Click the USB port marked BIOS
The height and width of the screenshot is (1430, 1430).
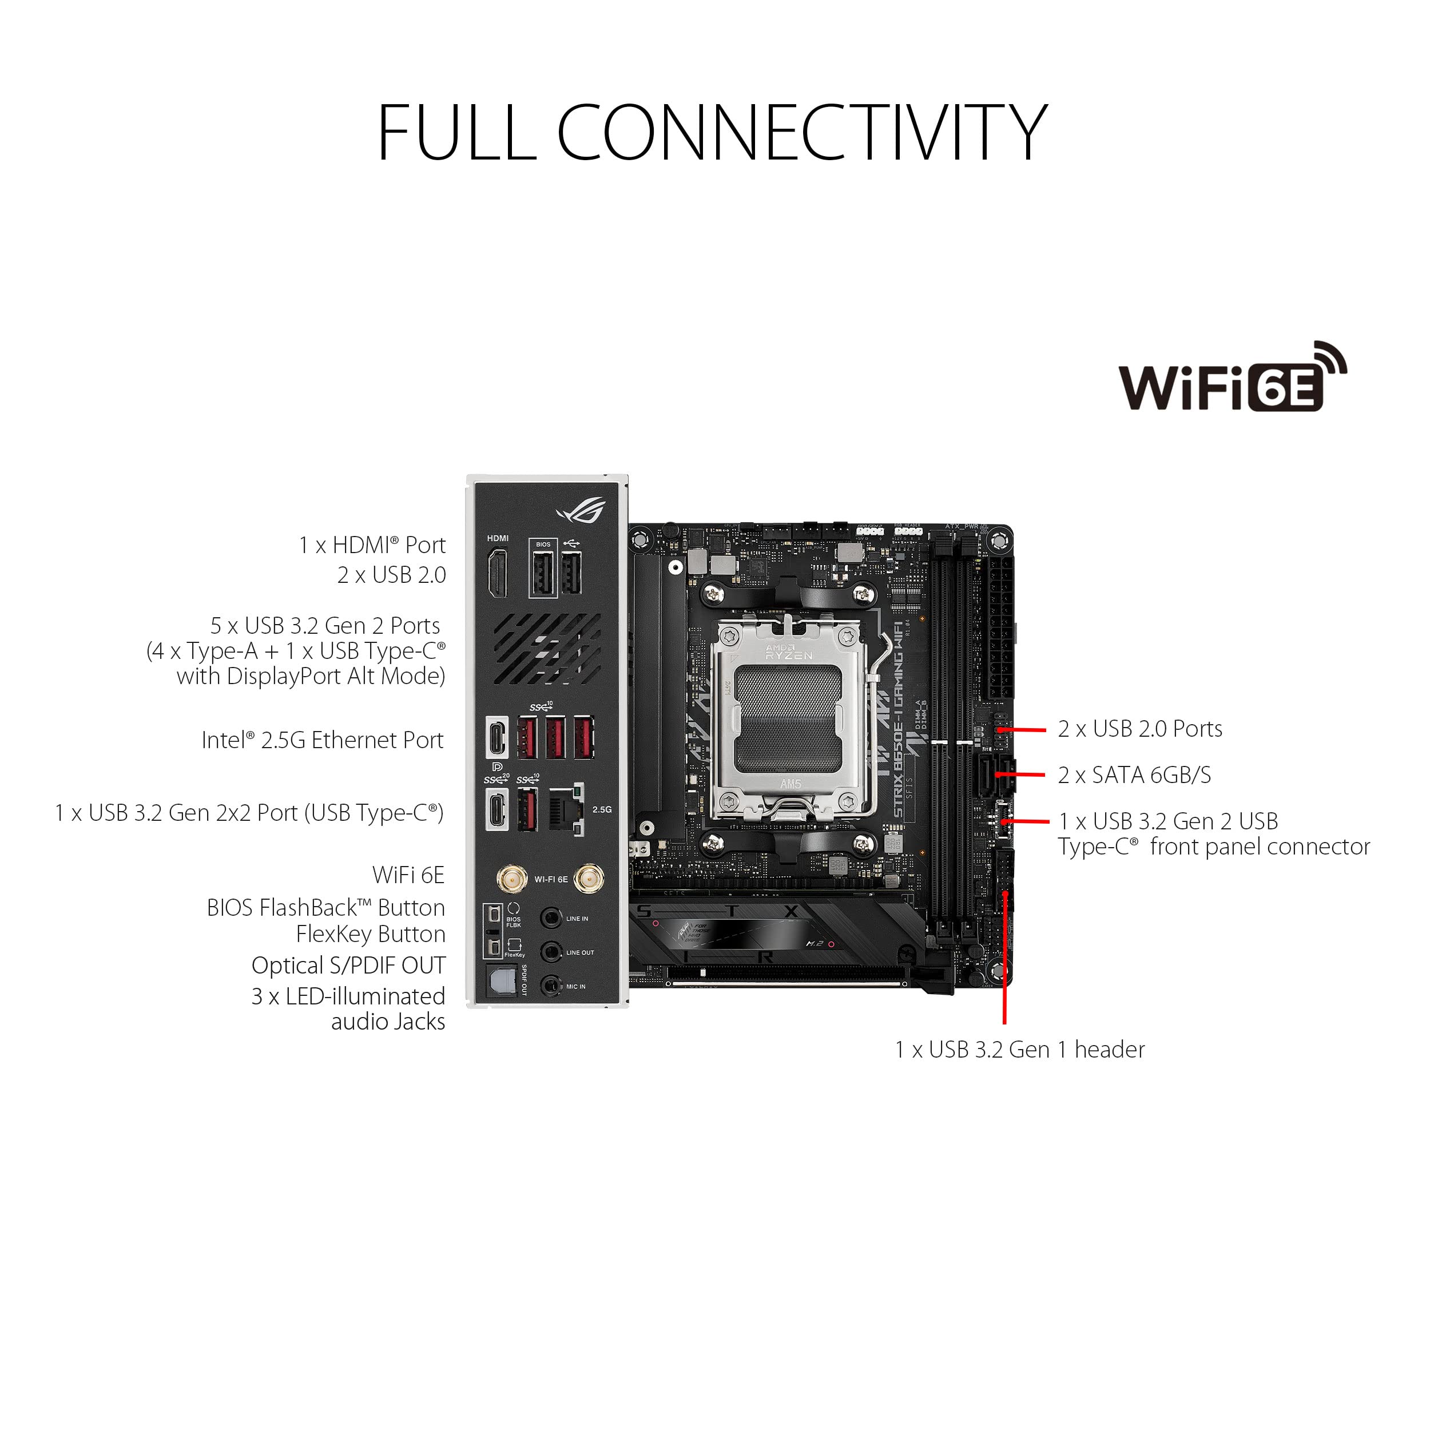(542, 574)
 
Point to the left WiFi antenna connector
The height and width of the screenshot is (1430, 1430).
(509, 879)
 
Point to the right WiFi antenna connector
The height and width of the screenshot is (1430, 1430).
(589, 879)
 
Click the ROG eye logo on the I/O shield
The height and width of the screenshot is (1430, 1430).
(582, 510)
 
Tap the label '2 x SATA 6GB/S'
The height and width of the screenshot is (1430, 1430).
(1134, 775)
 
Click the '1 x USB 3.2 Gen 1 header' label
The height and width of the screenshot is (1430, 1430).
(1019, 1050)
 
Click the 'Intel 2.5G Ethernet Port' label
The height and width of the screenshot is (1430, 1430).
(322, 740)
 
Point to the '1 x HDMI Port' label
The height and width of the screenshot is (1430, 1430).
(372, 546)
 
